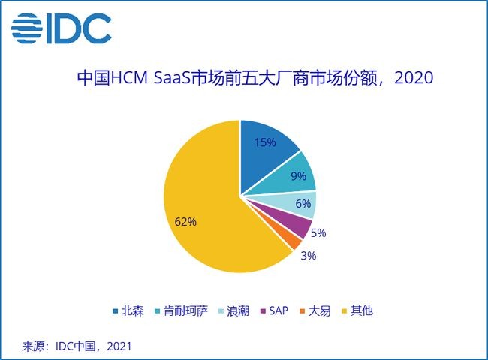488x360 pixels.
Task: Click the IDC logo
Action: [x=61, y=28]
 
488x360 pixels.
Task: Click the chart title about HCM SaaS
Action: [x=255, y=78]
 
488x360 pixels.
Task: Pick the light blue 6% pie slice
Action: [x=300, y=203]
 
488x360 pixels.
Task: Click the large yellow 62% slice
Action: [x=203, y=217]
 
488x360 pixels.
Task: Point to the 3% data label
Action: [x=309, y=255]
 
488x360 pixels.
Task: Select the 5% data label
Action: [x=318, y=232]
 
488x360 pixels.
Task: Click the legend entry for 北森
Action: [x=129, y=310]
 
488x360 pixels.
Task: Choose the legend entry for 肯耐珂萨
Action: [x=184, y=310]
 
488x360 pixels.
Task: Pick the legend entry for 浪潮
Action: [x=239, y=310]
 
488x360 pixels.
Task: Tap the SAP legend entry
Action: [x=278, y=310]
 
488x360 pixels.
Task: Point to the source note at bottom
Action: [x=78, y=346]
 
